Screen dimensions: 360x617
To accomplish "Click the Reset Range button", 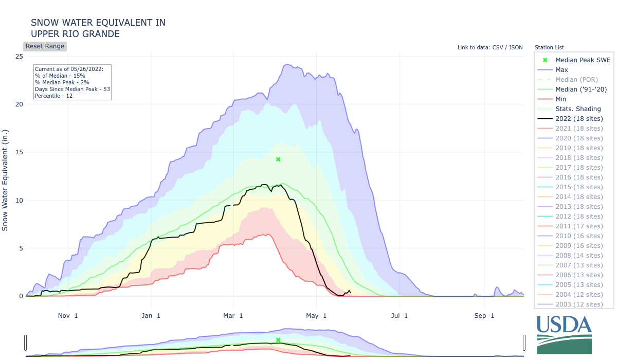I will click(x=45, y=46).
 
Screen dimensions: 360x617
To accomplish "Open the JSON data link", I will click(x=515, y=47).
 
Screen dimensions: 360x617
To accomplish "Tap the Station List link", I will click(x=549, y=47).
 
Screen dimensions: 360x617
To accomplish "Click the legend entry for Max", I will click(x=561, y=69).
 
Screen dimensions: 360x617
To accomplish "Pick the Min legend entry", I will click(x=561, y=99).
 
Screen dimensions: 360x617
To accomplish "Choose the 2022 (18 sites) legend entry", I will click(x=579, y=118).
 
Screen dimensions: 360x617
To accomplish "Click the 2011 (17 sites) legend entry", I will click(x=579, y=226).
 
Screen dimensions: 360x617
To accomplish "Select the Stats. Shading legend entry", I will click(x=578, y=109).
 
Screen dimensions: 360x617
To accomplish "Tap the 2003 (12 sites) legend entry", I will click(x=579, y=304).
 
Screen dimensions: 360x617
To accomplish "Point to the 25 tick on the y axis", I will click(x=19, y=56).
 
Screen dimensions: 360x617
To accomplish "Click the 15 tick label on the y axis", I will click(x=19, y=152).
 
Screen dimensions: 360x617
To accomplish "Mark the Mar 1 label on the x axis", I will click(x=234, y=315).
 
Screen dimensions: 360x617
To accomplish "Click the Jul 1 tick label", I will click(x=400, y=315).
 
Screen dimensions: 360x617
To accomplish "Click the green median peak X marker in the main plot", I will click(x=278, y=159).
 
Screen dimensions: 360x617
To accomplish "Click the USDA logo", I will click(x=564, y=334).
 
